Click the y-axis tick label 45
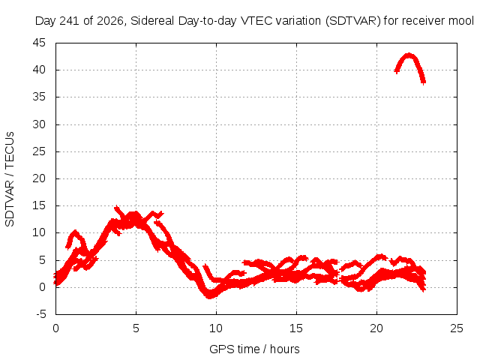point(39,43)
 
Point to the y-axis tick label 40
point(39,70)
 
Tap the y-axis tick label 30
point(39,124)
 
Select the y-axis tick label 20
point(39,178)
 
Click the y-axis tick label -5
point(40,314)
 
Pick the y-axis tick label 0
point(42,287)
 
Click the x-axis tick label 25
point(457,328)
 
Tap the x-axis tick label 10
point(216,328)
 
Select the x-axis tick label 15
point(296,328)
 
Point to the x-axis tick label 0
point(55,328)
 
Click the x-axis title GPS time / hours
point(254,349)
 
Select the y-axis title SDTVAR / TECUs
point(10,179)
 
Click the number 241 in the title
point(70,21)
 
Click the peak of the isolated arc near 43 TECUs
point(409,55)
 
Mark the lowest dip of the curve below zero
point(210,296)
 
